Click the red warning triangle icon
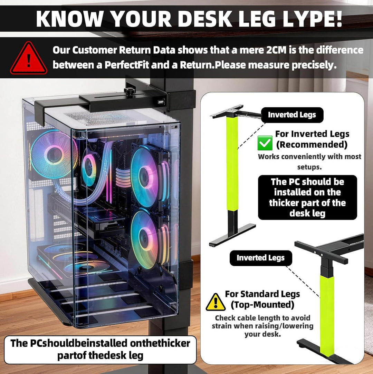[28, 58]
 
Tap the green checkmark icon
[265, 143]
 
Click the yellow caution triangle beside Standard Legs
[216, 302]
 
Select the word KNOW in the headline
[70, 19]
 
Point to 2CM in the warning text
[276, 50]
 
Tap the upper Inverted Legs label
[292, 115]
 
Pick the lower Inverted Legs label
[260, 258]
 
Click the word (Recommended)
[312, 145]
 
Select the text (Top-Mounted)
[262, 305]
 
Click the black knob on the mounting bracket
[130, 91]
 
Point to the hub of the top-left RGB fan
[54, 155]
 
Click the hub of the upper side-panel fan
[144, 177]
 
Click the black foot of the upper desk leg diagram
[232, 235]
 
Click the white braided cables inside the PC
[123, 177]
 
